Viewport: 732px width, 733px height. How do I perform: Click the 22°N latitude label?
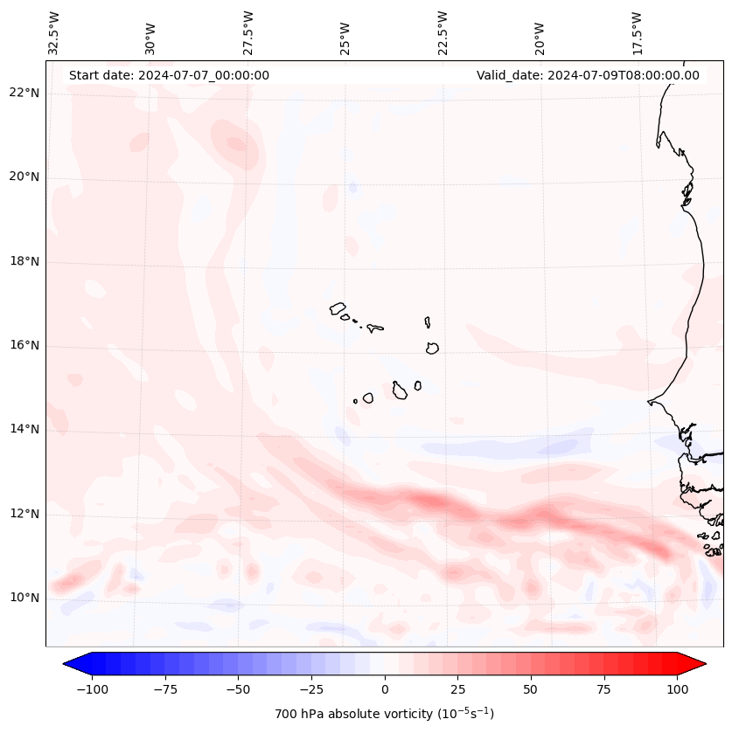24,93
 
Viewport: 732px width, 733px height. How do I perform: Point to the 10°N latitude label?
24,598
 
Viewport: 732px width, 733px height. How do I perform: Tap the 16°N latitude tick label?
24,346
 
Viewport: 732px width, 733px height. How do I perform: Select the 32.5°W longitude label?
54,32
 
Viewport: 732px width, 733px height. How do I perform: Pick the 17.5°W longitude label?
637,32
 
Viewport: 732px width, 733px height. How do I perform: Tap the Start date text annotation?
169,75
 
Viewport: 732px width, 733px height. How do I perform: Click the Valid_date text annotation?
588,75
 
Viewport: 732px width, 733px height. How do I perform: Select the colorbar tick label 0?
384,689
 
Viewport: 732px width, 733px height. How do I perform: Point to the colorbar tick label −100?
92,689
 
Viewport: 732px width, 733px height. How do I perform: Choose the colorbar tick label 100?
677,689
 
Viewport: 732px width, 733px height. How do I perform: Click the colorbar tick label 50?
531,689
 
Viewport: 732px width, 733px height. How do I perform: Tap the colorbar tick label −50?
238,689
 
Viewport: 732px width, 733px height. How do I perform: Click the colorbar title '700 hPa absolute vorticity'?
384,714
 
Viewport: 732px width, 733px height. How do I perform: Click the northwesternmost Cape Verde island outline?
338,308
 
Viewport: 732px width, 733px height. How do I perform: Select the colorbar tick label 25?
457,689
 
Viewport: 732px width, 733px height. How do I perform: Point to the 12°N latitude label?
24,515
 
